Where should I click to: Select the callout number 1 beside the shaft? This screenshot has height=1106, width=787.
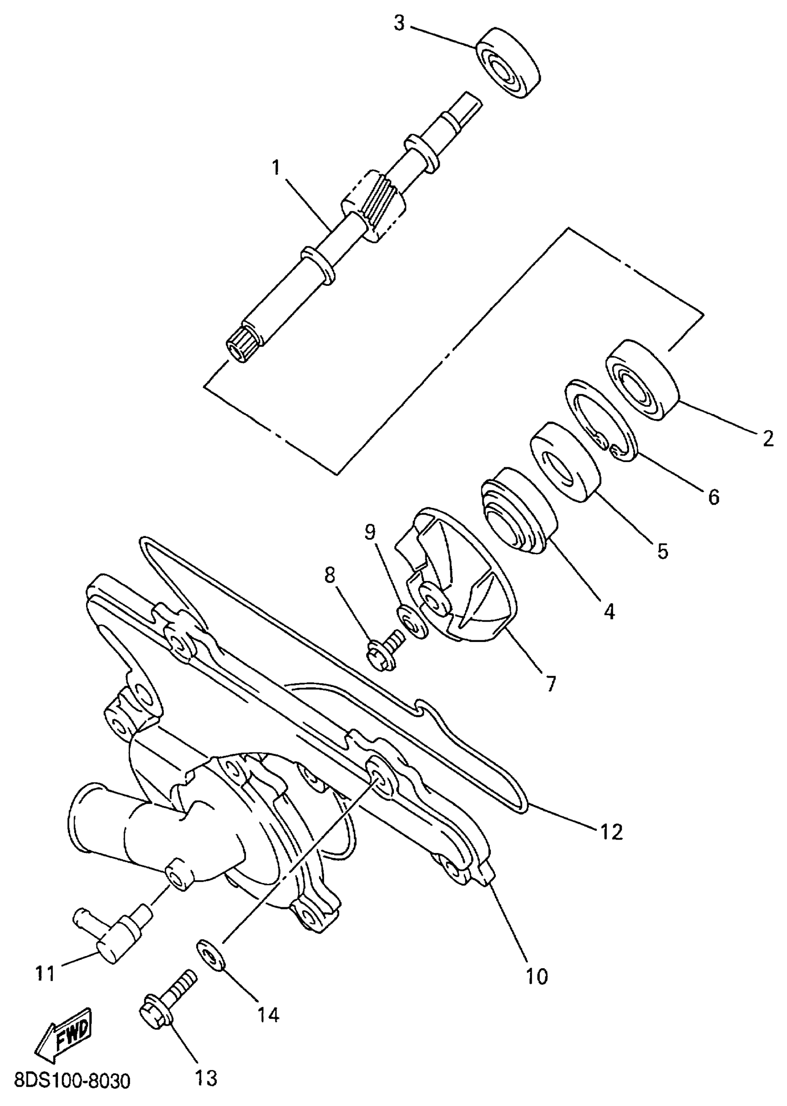coord(276,167)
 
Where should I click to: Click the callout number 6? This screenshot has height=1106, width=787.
coord(714,497)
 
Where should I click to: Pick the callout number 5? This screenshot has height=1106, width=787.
coord(662,550)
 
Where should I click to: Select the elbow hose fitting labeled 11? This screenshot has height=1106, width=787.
coord(112,931)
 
